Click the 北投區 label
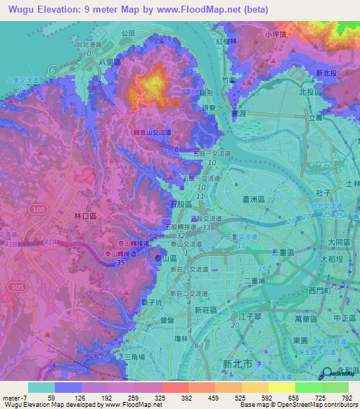click(x=309, y=92)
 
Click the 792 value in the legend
click(x=347, y=397)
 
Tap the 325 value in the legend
click(x=161, y=397)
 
